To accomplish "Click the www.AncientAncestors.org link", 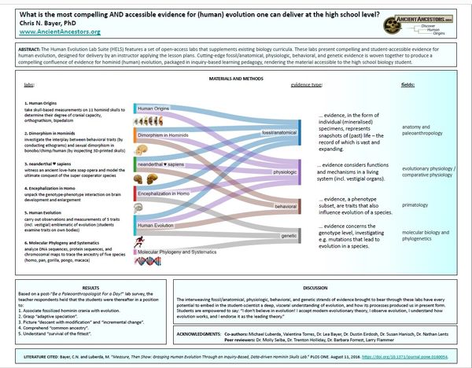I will tap(50, 32).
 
